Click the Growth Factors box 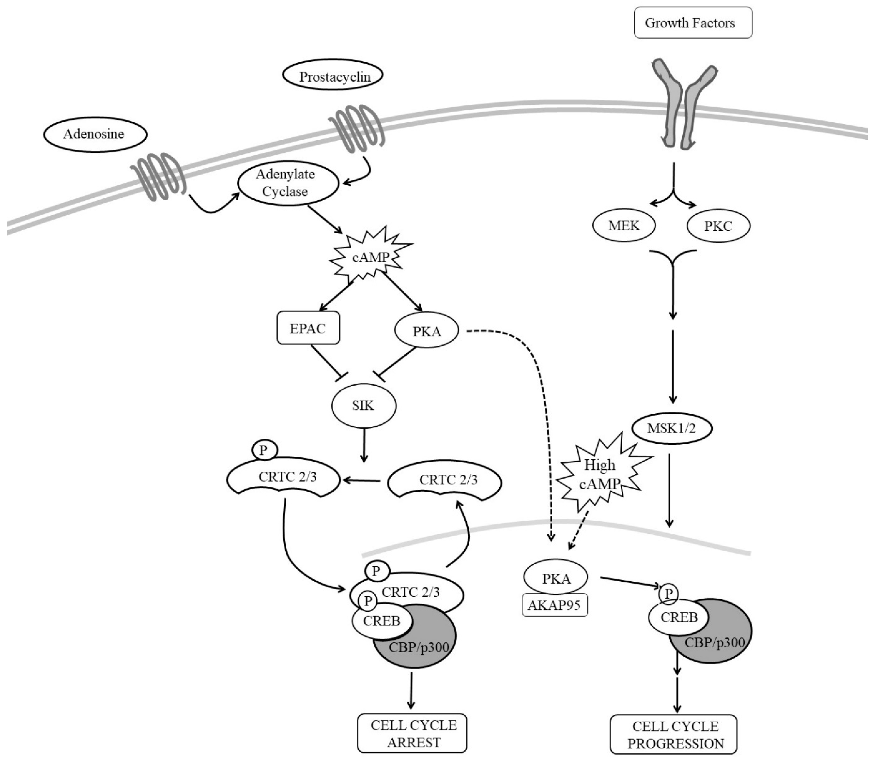point(693,23)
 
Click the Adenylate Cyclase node point(287,183)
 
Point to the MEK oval point(623,226)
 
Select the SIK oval point(363,406)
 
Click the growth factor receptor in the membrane point(679,106)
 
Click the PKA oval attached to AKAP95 point(556,578)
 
